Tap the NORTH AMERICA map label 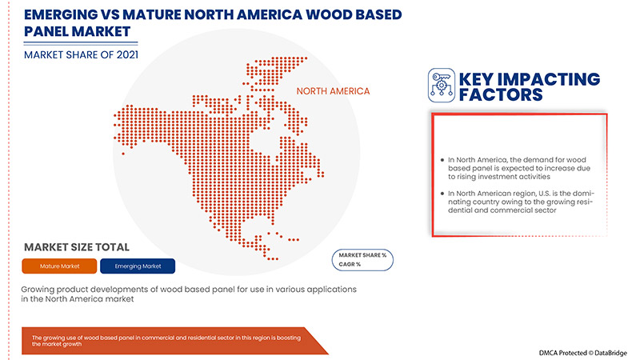[334, 91]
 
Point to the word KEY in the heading [481, 79]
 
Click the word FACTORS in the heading [501, 95]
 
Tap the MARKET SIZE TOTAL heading [76, 247]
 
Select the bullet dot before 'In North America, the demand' [442, 160]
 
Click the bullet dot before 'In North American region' [442, 194]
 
